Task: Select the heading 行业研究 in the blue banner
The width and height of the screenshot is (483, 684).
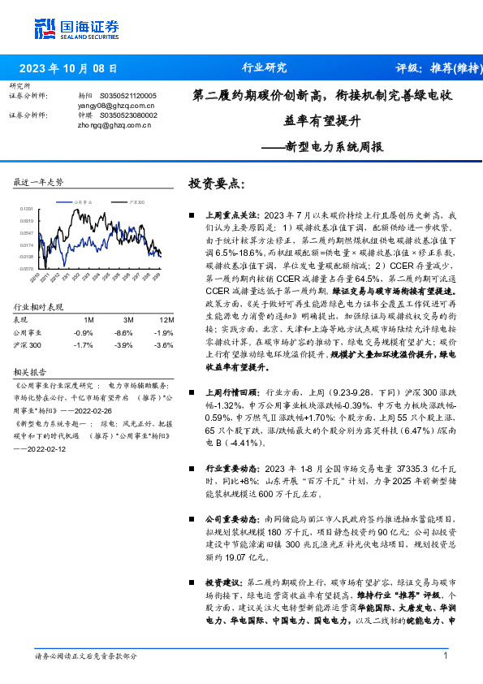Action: pos(265,68)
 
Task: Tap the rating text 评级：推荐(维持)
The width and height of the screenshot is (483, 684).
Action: pos(435,68)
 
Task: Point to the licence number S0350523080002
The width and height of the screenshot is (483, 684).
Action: pos(128,115)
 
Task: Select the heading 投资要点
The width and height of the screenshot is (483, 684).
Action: pos(216,184)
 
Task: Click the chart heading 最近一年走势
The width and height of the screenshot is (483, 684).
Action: pos(38,182)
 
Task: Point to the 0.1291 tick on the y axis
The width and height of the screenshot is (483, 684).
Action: pos(27,209)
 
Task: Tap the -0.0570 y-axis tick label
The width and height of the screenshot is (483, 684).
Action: pos(26,268)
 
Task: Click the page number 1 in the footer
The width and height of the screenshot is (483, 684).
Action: pos(446,656)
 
